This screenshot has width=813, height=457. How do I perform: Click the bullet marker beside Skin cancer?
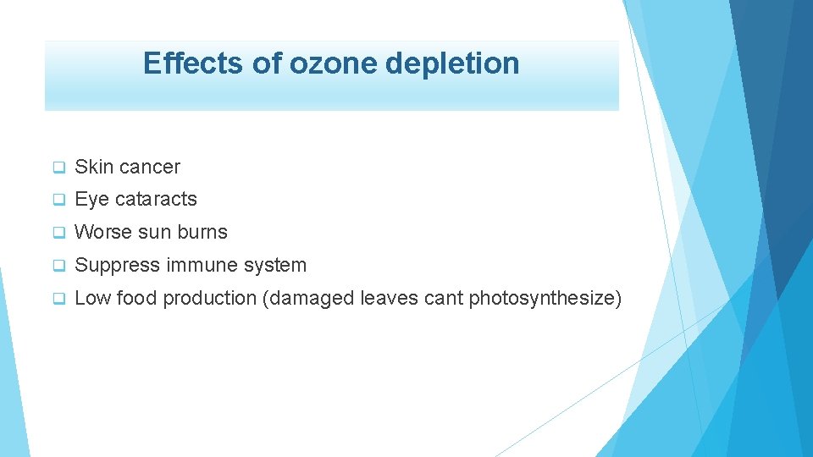(x=59, y=168)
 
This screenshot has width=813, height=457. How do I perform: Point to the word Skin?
(x=91, y=168)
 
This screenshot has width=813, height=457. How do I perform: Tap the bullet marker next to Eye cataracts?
(x=59, y=200)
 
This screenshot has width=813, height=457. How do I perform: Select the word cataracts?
(x=155, y=200)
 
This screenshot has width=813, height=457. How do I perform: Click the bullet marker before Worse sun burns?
(x=59, y=233)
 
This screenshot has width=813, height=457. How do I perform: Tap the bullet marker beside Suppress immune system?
(x=59, y=266)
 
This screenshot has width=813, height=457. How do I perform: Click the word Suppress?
(x=118, y=266)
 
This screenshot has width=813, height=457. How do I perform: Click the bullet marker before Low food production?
(x=59, y=299)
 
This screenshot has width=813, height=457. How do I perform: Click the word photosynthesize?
(x=542, y=299)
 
